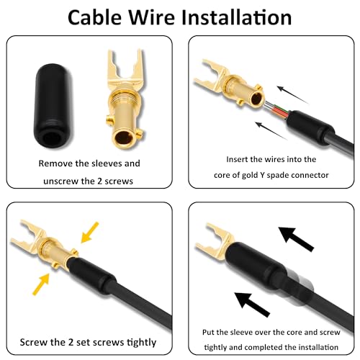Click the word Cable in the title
click(x=95, y=17)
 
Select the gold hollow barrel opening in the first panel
click(x=124, y=138)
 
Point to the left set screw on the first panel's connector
click(x=109, y=119)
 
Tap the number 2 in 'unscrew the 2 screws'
click(x=100, y=181)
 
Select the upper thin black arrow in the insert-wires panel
click(x=292, y=94)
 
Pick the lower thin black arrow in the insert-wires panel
click(x=271, y=131)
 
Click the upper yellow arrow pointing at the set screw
click(x=89, y=233)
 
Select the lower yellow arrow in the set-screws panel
click(x=41, y=284)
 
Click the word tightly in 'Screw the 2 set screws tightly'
click(x=141, y=343)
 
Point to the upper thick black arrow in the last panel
click(x=296, y=239)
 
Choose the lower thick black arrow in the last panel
click(x=252, y=305)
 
